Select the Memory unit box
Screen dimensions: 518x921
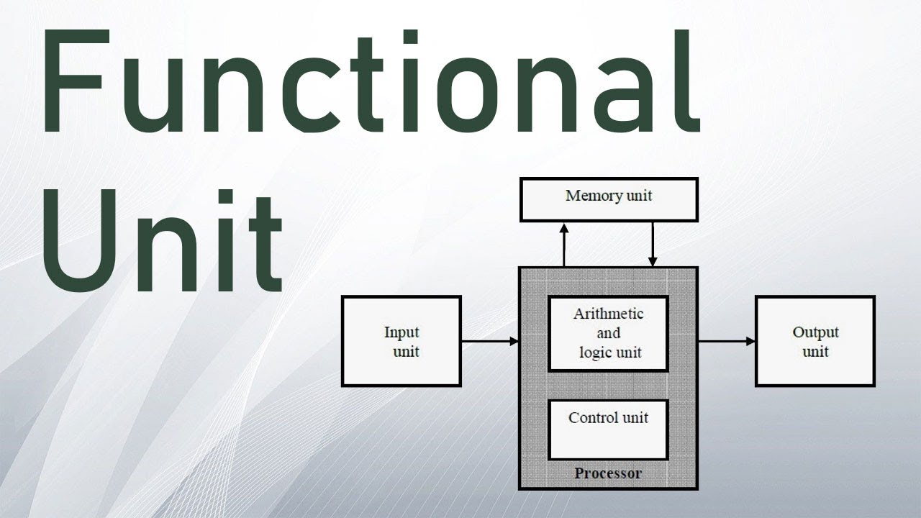(609, 199)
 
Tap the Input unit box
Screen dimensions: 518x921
(401, 342)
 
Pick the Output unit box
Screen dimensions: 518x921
(815, 342)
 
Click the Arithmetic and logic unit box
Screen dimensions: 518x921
(608, 334)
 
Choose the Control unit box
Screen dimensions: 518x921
(608, 430)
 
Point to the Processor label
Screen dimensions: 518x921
(608, 473)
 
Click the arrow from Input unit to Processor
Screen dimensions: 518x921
(489, 342)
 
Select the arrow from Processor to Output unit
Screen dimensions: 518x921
(727, 342)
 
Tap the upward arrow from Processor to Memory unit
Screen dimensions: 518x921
(564, 245)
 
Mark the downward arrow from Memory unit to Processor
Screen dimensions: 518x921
(653, 245)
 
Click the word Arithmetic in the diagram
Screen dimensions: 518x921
(608, 314)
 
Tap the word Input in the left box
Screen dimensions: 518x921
(401, 332)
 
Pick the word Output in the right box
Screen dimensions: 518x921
(815, 332)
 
